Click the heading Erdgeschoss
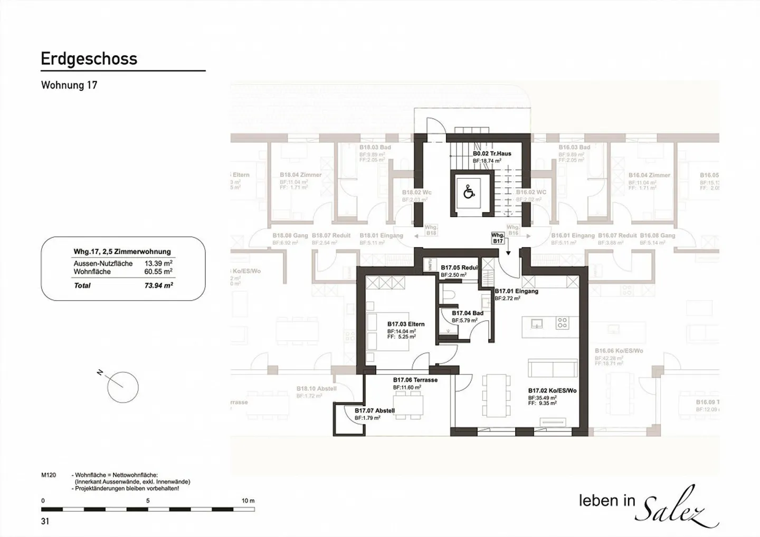tap(89, 59)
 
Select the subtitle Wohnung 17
tap(69, 85)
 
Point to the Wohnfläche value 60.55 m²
tap(158, 272)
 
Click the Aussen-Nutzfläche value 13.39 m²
tap(158, 263)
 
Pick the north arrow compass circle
tap(122, 387)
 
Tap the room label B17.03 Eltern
tap(405, 324)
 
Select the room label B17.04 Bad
tap(467, 313)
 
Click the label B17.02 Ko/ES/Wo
tap(552, 391)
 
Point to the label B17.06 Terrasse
tap(415, 380)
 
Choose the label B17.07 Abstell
tap(374, 410)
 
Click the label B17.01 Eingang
tap(516, 291)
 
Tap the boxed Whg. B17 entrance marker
tap(497, 238)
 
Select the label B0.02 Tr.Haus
tap(491, 154)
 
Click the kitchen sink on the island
tap(537, 323)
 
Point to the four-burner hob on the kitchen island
tap(562, 323)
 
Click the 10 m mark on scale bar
tap(248, 501)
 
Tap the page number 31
tap(45, 521)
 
